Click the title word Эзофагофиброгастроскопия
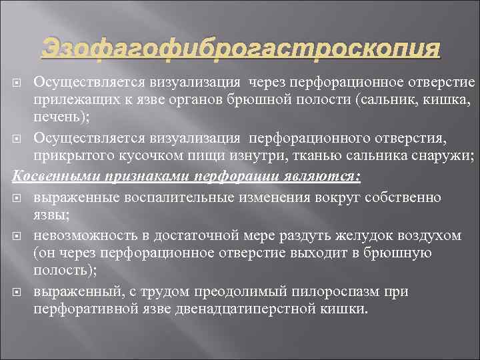coord(241,48)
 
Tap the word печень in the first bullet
coord(56,118)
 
